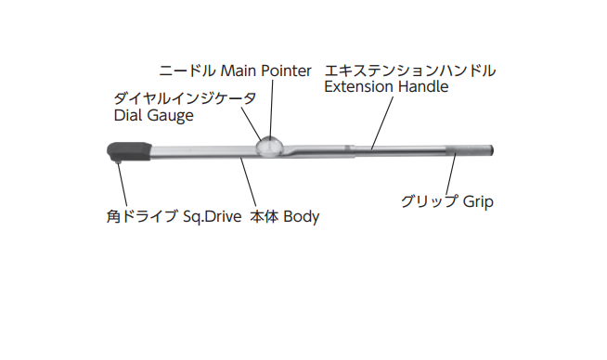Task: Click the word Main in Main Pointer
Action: tap(237, 71)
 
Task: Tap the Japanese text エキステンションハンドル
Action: tap(408, 71)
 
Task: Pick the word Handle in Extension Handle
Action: tap(423, 87)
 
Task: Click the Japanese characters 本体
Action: tap(265, 218)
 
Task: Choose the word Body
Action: tap(302, 218)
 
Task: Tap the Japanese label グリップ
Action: tap(428, 201)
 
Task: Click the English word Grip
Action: tap(477, 201)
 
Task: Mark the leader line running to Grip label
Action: tap(453, 176)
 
